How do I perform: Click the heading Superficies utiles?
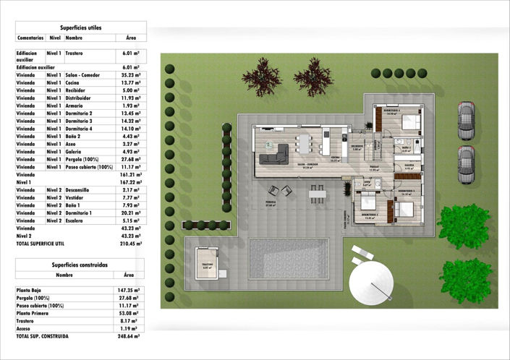click(x=81, y=27)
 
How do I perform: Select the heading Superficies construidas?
click(x=81, y=265)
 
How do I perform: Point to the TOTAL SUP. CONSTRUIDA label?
click(x=43, y=336)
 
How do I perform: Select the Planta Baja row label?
click(x=30, y=289)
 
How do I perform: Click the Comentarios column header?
click(x=30, y=37)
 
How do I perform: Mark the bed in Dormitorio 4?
click(x=409, y=120)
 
